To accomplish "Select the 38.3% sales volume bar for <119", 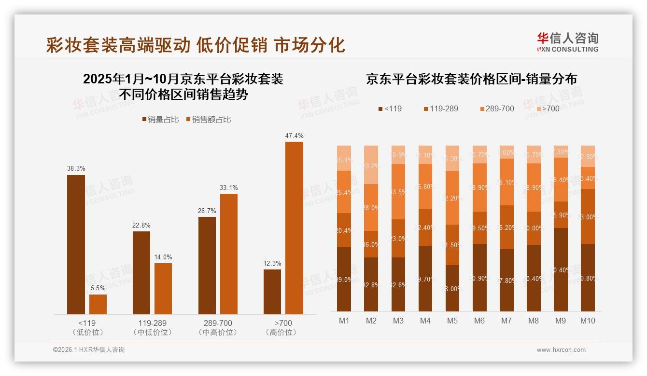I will (x=76, y=244).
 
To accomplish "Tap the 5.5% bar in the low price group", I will (x=98, y=304).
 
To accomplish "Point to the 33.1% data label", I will (x=228, y=188).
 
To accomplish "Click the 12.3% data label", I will (x=272, y=263).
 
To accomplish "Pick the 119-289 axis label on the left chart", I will (x=141, y=323).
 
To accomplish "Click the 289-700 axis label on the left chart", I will (x=218, y=323).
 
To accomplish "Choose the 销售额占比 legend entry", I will (x=208, y=120).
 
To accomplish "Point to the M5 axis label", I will (x=452, y=321).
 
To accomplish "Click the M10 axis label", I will (x=588, y=321).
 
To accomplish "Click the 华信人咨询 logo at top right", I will (x=567, y=42).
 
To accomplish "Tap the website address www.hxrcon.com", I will (x=561, y=350).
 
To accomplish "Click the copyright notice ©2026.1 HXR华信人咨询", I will (x=89, y=350).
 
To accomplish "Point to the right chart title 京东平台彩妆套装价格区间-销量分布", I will (x=471, y=79).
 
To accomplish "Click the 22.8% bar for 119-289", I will (x=141, y=273).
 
